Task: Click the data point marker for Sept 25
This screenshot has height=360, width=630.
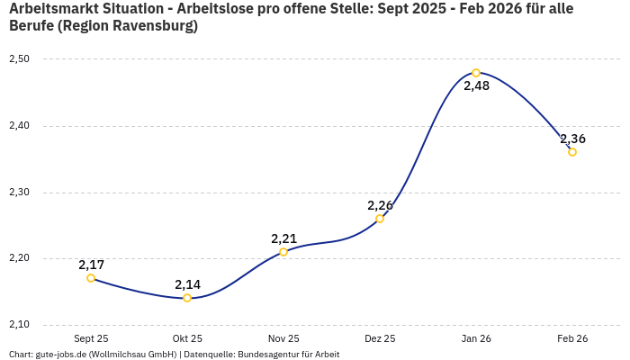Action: (x=91, y=278)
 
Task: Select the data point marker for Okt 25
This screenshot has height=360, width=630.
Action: (x=187, y=298)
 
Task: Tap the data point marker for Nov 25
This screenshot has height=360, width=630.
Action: (x=283, y=252)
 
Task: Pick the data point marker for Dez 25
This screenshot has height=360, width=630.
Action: (x=380, y=219)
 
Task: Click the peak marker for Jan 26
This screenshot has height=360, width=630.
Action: (x=476, y=73)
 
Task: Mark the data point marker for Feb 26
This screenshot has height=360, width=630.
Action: (x=572, y=152)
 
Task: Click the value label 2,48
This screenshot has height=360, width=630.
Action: (x=476, y=86)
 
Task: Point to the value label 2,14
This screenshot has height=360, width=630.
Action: (x=187, y=284)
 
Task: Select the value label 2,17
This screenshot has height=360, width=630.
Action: (x=91, y=265)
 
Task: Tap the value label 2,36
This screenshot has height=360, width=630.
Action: (x=572, y=139)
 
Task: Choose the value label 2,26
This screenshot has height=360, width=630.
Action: (x=380, y=205)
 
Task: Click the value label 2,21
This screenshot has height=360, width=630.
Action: (x=283, y=238)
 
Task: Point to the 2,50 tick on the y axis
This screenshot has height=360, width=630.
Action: (x=19, y=59)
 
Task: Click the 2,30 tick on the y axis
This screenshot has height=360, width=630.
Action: (x=19, y=193)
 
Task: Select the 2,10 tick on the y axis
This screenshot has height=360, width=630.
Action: (x=19, y=325)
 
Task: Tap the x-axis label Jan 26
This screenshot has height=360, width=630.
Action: (x=476, y=339)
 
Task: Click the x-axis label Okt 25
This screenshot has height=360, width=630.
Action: (x=187, y=339)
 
